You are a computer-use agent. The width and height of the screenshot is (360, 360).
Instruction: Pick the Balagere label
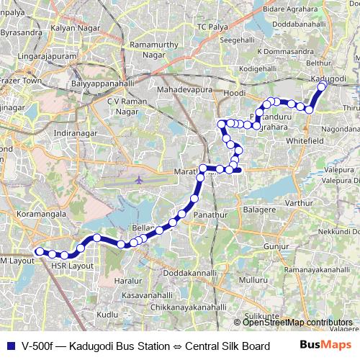[x=260, y=209]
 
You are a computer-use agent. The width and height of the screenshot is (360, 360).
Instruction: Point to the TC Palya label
[x=211, y=27]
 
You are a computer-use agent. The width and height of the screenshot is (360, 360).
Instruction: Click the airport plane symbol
[x=139, y=178]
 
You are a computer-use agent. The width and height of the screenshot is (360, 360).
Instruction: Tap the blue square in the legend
[x=9, y=346]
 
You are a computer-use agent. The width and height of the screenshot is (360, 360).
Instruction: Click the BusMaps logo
[x=322, y=345]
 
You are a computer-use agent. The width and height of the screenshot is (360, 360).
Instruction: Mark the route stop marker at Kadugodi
[x=322, y=84]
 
